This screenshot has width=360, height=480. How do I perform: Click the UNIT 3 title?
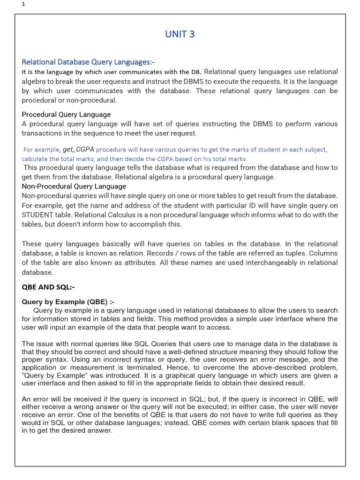click(180, 34)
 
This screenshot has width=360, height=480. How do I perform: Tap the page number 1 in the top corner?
click(23, 5)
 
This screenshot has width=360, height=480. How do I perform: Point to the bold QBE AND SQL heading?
click(48, 287)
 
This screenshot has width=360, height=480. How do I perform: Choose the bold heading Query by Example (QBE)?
click(68, 302)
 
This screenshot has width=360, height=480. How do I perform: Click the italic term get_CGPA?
click(79, 150)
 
